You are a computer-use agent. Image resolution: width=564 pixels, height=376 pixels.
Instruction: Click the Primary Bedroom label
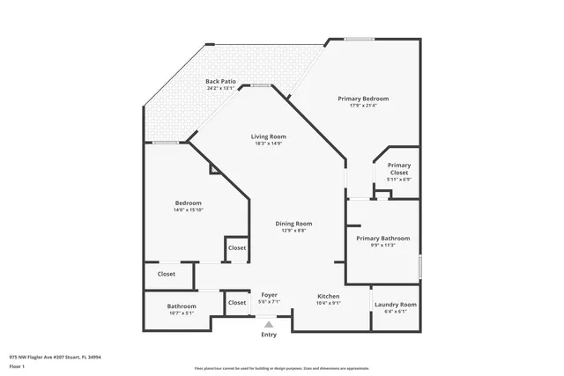pyautogui.click(x=363, y=99)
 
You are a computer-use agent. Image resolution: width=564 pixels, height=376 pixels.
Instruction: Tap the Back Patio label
pyautogui.click(x=219, y=81)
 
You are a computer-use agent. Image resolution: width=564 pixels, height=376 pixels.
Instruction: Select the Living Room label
pyautogui.click(x=269, y=136)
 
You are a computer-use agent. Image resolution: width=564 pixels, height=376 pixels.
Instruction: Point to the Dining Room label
pyautogui.click(x=293, y=224)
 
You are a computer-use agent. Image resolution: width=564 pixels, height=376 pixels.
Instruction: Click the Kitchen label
pyautogui.click(x=329, y=295)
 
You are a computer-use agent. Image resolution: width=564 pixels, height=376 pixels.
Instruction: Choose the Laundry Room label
pyautogui.click(x=396, y=304)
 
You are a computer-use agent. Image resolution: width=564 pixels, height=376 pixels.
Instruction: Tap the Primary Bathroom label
pyautogui.click(x=382, y=238)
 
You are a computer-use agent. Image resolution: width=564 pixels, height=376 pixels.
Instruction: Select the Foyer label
pyautogui.click(x=269, y=295)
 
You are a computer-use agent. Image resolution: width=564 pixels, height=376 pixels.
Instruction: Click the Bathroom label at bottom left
pyautogui.click(x=182, y=306)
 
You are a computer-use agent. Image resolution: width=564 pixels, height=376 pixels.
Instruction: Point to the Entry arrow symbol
pyautogui.click(x=269, y=324)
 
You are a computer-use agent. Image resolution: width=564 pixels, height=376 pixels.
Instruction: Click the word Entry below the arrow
pyautogui.click(x=269, y=335)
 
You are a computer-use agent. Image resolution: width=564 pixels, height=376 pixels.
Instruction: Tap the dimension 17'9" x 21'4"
pyautogui.click(x=363, y=106)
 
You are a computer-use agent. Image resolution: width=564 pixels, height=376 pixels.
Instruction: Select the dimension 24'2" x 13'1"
pyautogui.click(x=219, y=88)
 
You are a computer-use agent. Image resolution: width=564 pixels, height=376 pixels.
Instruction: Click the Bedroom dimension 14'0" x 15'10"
pyautogui.click(x=188, y=210)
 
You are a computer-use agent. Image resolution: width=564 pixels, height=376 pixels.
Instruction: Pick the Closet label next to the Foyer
pyautogui.click(x=237, y=303)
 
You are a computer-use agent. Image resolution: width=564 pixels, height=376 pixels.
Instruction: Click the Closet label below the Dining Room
pyautogui.click(x=237, y=247)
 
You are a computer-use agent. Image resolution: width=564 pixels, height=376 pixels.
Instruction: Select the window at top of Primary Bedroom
pyautogui.click(x=358, y=38)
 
